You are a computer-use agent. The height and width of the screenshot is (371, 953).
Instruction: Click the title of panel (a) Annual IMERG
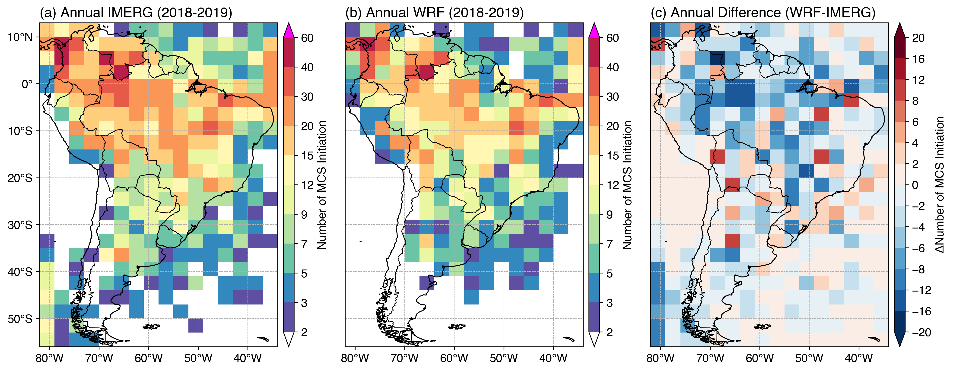(x=136, y=13)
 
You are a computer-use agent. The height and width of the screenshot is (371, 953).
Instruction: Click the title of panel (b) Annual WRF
(x=434, y=13)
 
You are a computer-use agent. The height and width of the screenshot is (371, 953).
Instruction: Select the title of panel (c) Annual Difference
(x=763, y=13)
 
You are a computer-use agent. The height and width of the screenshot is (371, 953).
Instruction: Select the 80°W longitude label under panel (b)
(x=355, y=358)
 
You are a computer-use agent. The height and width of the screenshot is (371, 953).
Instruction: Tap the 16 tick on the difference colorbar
(x=918, y=59)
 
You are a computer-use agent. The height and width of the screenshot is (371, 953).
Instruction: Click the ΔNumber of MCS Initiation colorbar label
(x=940, y=185)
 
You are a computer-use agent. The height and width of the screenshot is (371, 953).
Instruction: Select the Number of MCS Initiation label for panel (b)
(x=627, y=185)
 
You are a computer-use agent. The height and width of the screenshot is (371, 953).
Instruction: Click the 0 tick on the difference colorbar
(x=915, y=185)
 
